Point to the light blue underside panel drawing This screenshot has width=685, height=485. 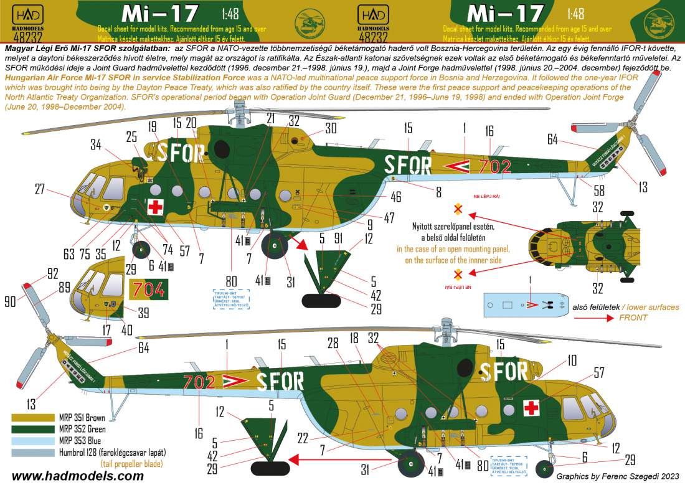point(526,305)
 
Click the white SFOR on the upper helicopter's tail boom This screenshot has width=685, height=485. point(409,166)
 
